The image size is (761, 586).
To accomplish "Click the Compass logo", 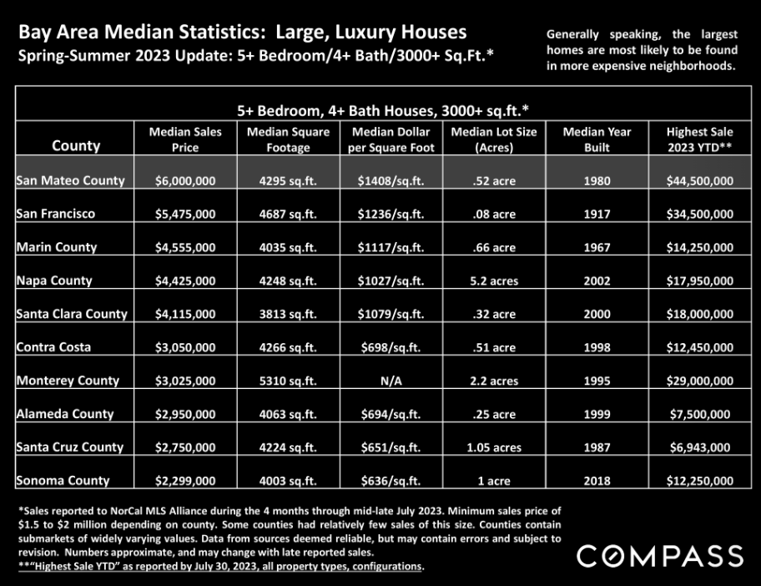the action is [x=659, y=555].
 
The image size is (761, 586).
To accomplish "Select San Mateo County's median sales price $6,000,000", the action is [x=185, y=181].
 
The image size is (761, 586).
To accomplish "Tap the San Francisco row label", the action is [x=55, y=214].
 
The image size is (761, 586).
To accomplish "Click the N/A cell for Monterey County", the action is [x=391, y=381].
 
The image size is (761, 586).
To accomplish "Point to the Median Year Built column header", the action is [x=597, y=139].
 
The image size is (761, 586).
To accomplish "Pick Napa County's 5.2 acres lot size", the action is [x=494, y=281].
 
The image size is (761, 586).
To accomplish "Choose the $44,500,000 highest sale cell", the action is [x=699, y=181].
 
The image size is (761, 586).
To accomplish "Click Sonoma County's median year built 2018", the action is [x=597, y=481].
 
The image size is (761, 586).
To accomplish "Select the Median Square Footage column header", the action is [x=288, y=139].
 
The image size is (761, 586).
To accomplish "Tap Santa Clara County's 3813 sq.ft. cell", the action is [x=288, y=314].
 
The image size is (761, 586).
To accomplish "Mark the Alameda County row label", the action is [x=64, y=414].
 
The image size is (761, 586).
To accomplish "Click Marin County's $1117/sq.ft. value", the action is [x=391, y=248].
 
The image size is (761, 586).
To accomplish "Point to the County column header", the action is [x=76, y=145].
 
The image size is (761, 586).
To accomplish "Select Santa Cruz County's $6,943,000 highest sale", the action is [x=699, y=447].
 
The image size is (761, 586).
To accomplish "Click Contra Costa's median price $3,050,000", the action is [x=185, y=347].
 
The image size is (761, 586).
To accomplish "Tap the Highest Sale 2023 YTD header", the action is [x=699, y=139].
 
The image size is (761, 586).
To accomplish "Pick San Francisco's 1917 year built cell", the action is [x=597, y=214].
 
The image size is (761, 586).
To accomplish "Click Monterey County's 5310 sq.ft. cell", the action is [x=288, y=381].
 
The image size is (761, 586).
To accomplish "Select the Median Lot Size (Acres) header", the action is [x=494, y=139].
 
